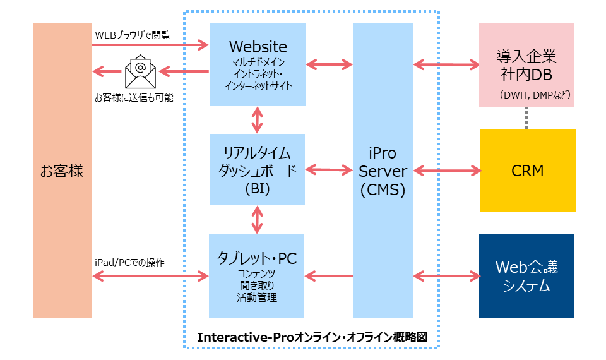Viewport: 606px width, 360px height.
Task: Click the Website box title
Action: coord(258,47)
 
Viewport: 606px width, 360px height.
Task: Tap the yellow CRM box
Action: coord(528,171)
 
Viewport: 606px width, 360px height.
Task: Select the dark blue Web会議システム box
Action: coord(526,276)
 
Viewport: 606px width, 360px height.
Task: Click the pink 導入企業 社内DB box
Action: coord(526,65)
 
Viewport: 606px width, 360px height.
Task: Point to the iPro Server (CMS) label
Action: coord(383,171)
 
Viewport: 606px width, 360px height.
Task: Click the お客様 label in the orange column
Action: coord(62,171)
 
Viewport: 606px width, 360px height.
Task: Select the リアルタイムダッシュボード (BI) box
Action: coord(257,169)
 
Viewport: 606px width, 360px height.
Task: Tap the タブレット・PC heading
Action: coord(257,258)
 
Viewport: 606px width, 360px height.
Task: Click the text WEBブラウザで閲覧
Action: coord(133,35)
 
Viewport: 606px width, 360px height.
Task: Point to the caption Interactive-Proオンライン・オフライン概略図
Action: coord(312,337)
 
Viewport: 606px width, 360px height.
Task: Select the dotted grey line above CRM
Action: coord(526,117)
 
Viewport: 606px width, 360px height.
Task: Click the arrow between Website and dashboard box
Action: coord(257,119)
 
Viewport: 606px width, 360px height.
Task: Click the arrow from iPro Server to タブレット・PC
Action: coord(328,276)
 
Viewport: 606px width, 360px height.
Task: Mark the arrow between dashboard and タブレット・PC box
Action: coord(257,219)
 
